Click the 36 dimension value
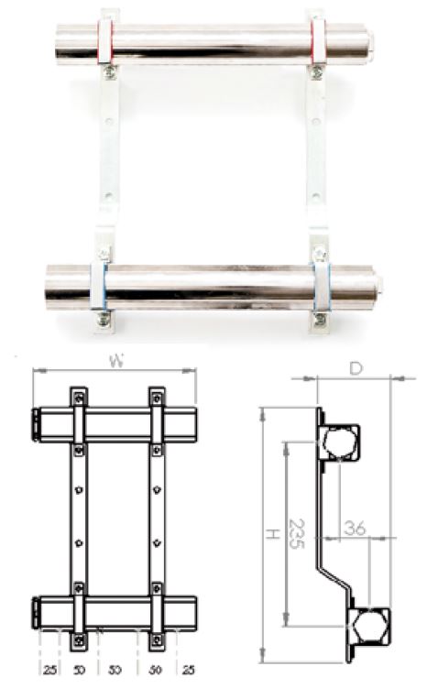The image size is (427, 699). (x=355, y=528)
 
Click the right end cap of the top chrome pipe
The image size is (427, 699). (x=367, y=42)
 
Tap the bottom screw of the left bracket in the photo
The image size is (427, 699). (x=107, y=319)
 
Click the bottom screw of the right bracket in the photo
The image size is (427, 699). (x=320, y=319)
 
